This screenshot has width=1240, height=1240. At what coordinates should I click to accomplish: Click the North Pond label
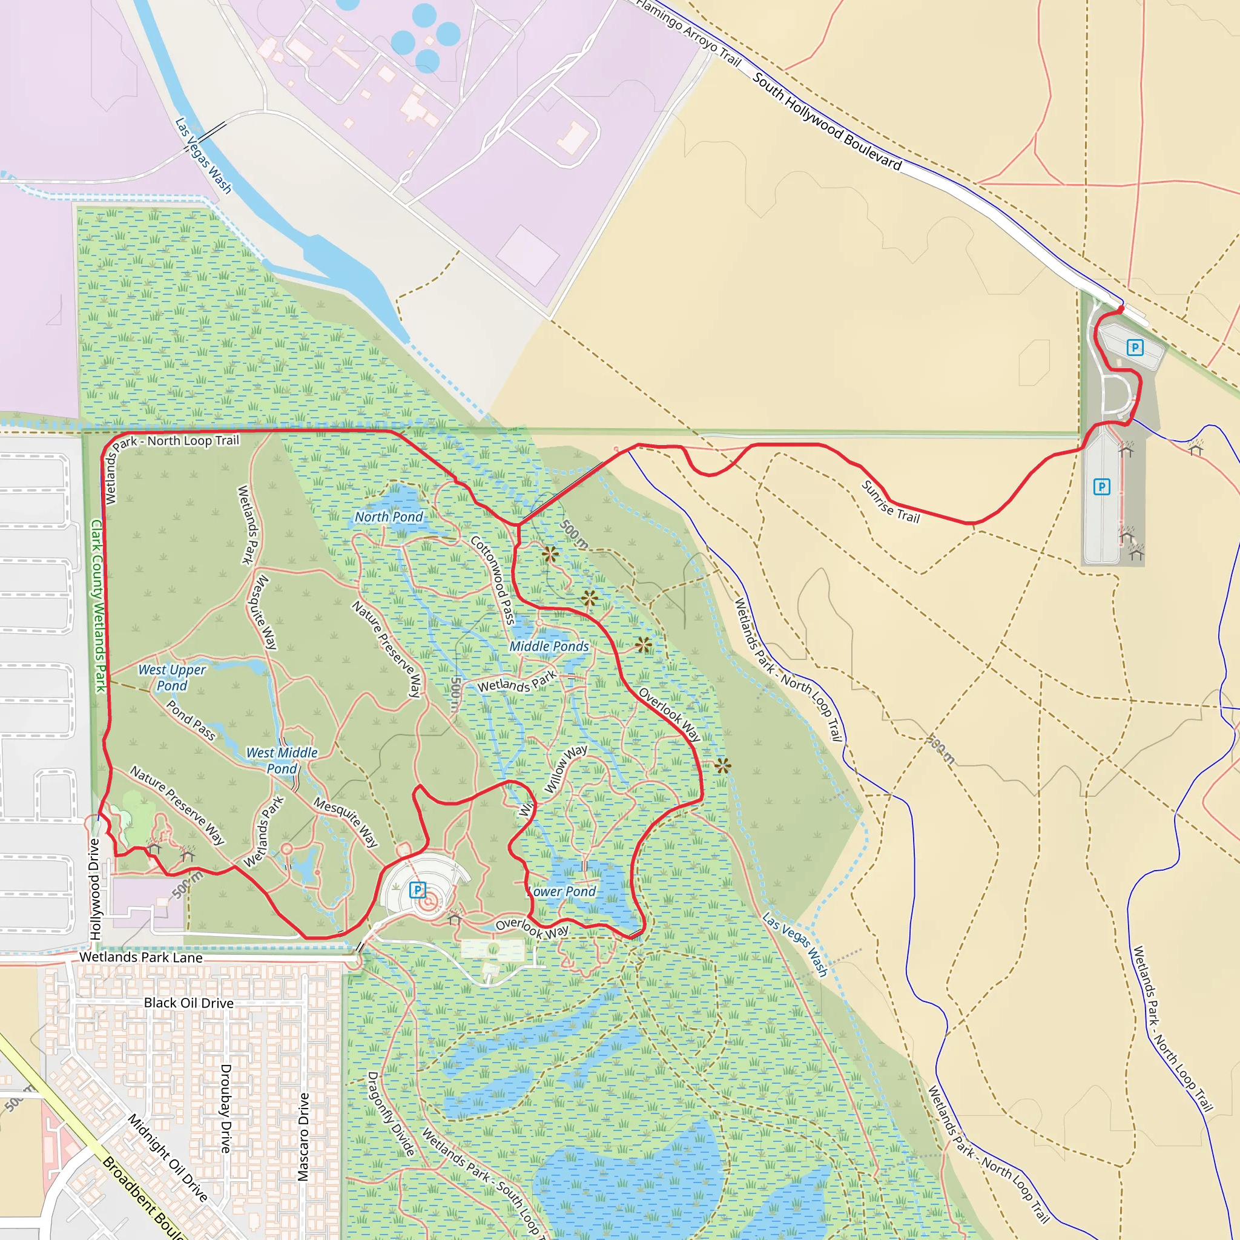389,516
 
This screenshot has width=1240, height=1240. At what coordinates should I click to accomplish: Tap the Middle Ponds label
549,646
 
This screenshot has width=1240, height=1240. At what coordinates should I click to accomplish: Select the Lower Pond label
562,891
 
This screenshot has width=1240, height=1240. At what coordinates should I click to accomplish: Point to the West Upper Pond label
172,678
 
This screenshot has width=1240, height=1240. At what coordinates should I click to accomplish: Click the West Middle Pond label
282,760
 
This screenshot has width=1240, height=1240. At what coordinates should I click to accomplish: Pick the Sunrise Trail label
890,502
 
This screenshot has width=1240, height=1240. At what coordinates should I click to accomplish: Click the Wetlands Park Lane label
140,958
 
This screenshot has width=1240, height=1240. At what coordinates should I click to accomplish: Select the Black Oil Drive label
189,1003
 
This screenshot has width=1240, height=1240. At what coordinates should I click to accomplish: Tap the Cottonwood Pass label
493,579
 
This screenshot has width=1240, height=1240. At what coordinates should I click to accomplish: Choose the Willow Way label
565,768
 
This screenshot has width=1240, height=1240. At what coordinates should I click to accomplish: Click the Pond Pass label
191,720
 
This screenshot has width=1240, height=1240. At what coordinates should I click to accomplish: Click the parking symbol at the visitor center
417,890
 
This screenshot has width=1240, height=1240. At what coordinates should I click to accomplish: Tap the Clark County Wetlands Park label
97,606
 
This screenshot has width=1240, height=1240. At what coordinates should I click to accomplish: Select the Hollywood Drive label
95,889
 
